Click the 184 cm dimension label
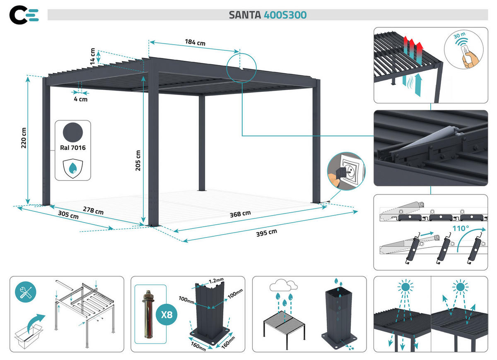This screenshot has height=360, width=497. coord(195,42)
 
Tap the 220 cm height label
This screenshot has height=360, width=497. coord(24,137)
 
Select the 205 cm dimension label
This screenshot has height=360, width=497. coord(138,160)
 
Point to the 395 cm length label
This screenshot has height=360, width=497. coord(266,233)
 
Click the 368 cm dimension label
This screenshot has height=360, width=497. coord(240,214)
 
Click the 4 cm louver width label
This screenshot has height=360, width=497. coord(81,99)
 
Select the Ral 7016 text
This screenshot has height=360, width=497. coord(73,148)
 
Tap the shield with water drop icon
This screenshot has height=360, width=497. coord(72,167)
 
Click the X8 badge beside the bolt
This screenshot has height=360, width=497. coord(166,314)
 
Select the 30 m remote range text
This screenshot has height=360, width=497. coord(459,36)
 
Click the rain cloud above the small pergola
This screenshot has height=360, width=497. coord(284,285)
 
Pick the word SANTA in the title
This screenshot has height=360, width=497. coord(245,15)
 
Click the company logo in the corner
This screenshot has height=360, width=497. coord(24,14)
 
